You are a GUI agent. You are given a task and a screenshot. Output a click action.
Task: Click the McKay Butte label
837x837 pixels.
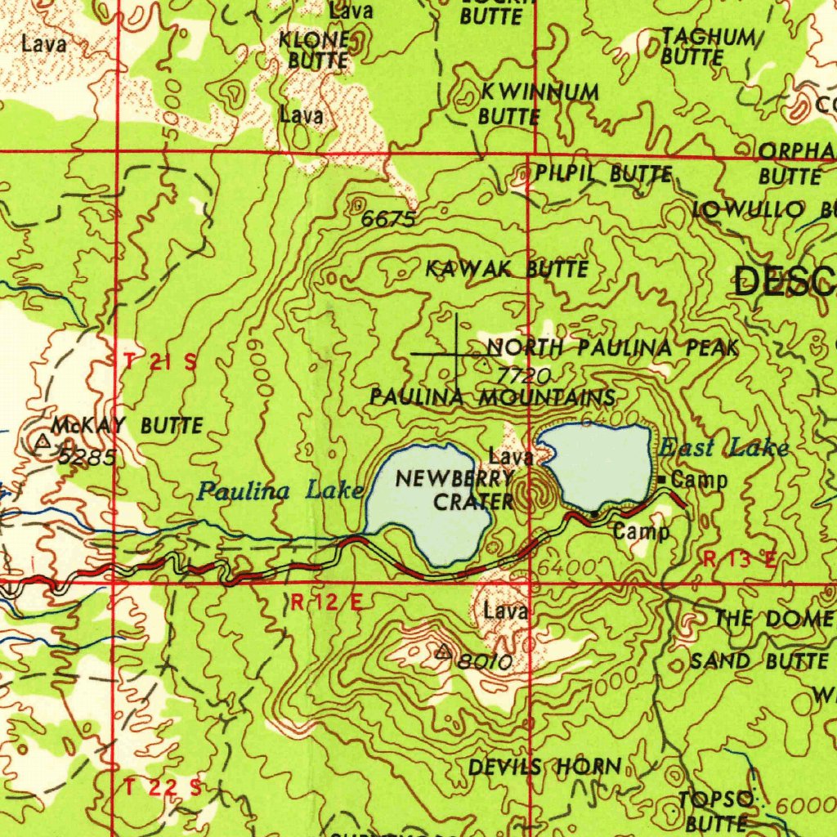pos(127,426)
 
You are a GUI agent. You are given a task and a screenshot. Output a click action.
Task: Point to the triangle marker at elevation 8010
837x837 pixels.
pos(443,651)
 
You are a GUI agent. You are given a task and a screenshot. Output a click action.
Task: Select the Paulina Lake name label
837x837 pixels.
pos(280,490)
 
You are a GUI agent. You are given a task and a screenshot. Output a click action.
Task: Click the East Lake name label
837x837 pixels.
pos(724,447)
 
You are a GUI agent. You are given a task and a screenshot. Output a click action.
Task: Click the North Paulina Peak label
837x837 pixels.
pos(613,347)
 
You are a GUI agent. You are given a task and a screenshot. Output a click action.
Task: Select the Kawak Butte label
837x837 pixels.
pos(507,268)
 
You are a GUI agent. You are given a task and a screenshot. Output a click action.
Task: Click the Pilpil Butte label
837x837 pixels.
pos(604,173)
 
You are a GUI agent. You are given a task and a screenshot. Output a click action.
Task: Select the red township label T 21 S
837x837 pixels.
pos(161,363)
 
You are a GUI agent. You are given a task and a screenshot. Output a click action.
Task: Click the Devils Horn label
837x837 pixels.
pos(544,767)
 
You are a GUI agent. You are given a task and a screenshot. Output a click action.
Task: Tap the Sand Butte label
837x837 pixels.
pos(759,660)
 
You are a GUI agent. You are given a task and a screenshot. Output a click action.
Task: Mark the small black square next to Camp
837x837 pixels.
pos(664,479)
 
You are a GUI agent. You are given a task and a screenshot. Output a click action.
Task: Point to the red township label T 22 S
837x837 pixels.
pos(163,787)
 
